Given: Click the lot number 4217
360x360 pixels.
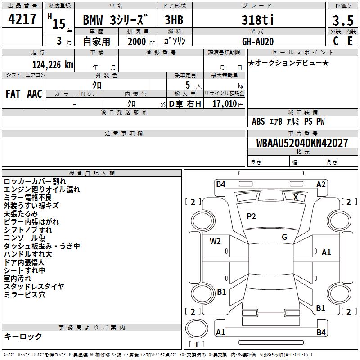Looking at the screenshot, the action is click(x=22, y=19).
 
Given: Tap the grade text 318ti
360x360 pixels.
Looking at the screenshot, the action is click(x=258, y=20).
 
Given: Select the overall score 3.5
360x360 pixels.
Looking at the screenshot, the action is click(x=343, y=21).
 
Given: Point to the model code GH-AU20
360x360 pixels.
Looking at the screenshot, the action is click(x=258, y=41).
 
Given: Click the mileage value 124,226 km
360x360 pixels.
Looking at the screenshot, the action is click(x=53, y=65).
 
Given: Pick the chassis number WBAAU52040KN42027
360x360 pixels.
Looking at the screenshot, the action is click(x=302, y=143).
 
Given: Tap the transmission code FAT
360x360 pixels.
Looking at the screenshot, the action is click(x=13, y=94).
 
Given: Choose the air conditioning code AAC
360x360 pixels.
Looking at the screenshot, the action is click(x=35, y=94).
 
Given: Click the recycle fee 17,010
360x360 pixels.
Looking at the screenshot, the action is click(x=225, y=104).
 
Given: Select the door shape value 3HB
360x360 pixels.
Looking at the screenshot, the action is click(x=174, y=20).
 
